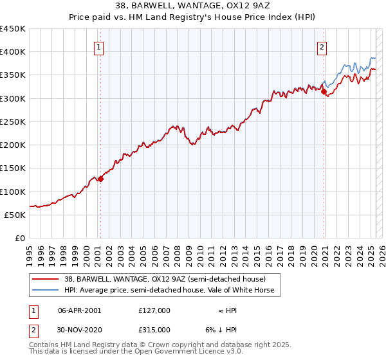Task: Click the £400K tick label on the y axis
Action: click(x=13, y=52)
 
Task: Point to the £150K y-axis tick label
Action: click(x=13, y=168)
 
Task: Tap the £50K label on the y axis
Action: click(x=15, y=215)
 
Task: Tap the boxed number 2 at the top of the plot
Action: click(x=322, y=46)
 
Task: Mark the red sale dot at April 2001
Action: click(x=100, y=179)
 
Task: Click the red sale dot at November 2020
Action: click(x=324, y=92)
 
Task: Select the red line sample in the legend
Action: click(x=45, y=279)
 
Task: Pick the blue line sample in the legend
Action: click(x=45, y=290)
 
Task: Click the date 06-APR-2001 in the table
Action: click(x=80, y=310)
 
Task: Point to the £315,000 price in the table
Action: click(x=154, y=329)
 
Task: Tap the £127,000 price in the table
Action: click(x=154, y=310)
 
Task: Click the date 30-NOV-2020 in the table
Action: click(x=80, y=329)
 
